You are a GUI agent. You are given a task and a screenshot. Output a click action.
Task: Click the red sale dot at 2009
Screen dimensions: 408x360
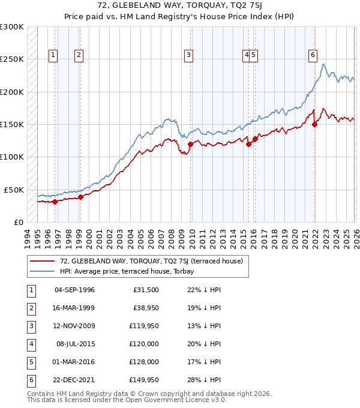pyautogui.click(x=190, y=144)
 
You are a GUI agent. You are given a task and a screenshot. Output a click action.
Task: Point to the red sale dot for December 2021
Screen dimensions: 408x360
pyautogui.click(x=315, y=125)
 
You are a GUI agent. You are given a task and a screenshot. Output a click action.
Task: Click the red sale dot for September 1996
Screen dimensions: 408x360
pyautogui.click(x=55, y=202)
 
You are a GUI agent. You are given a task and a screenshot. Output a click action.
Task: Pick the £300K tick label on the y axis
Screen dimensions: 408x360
pyautogui.click(x=11, y=27)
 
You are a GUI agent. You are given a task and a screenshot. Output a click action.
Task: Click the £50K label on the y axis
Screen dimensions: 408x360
pyautogui.click(x=13, y=190)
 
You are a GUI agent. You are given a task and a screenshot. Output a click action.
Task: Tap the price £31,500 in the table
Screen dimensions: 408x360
pyautogui.click(x=144, y=290)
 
